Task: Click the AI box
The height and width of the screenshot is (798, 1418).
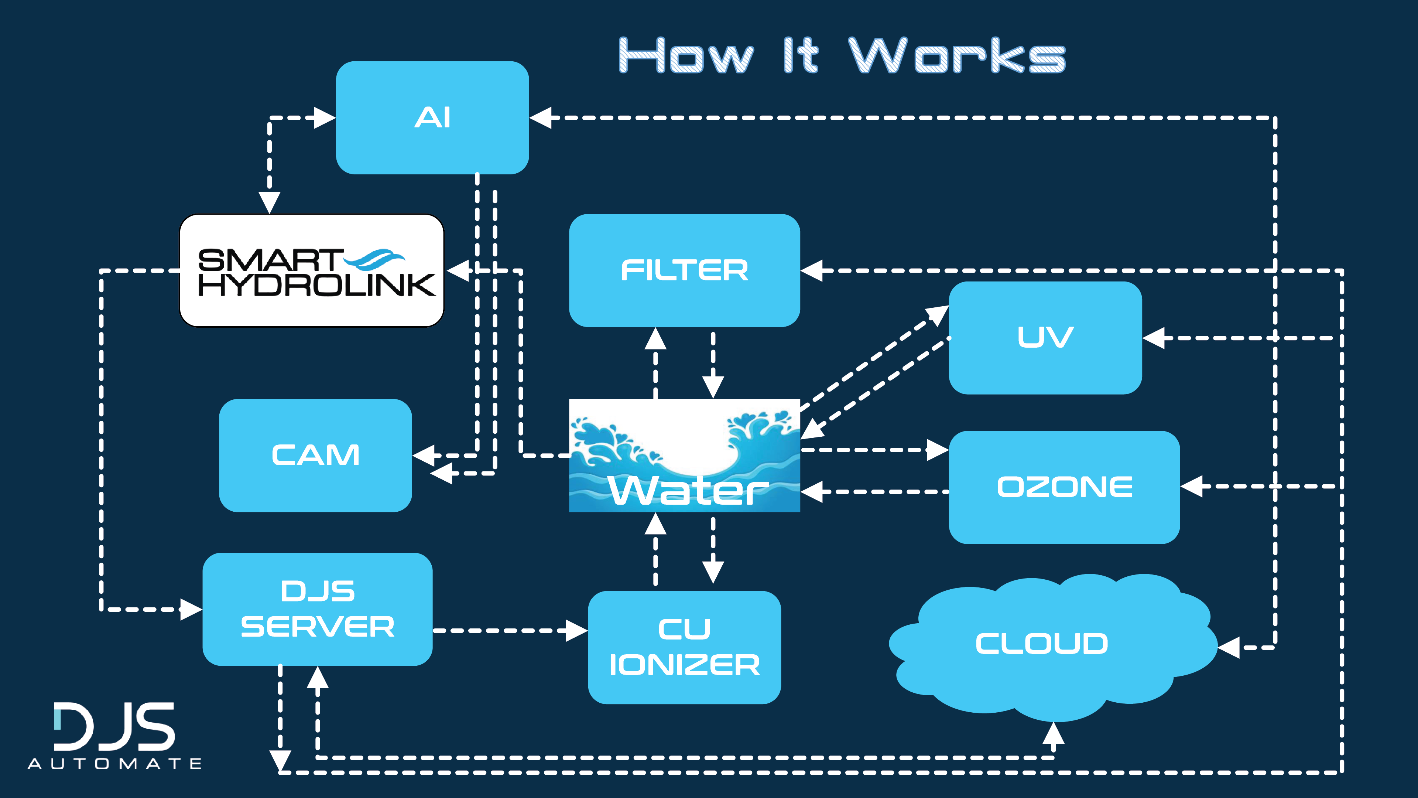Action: (432, 118)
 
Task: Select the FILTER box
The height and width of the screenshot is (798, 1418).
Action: (684, 270)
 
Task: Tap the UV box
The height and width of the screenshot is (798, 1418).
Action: (1045, 338)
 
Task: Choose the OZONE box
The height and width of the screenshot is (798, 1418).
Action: (1064, 487)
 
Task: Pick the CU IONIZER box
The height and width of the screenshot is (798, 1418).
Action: (684, 647)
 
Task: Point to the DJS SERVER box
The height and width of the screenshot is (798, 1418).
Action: (318, 609)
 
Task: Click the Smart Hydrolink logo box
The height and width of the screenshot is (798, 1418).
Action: (312, 270)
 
